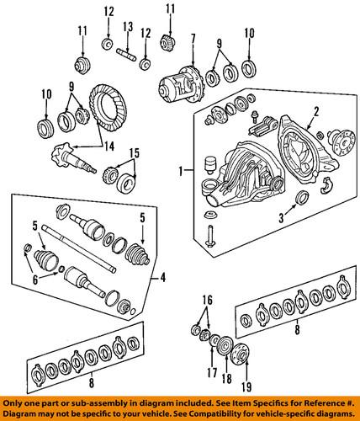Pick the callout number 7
[x=193, y=38]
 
